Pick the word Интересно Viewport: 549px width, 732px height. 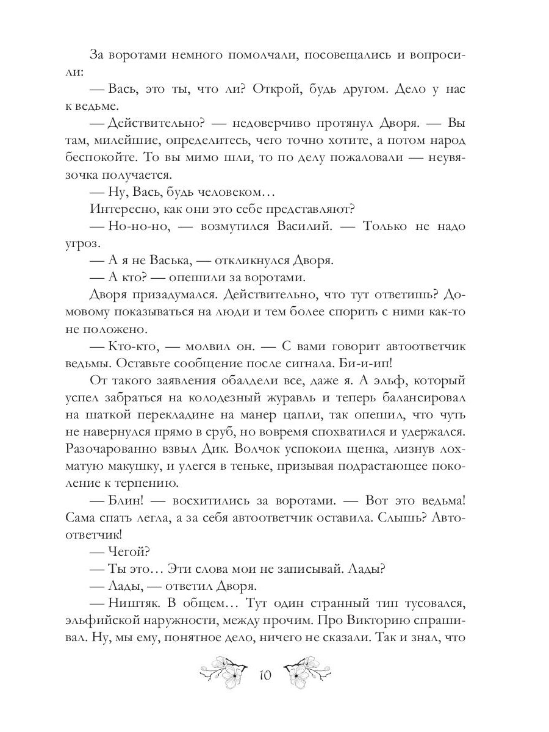click(x=122, y=209)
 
